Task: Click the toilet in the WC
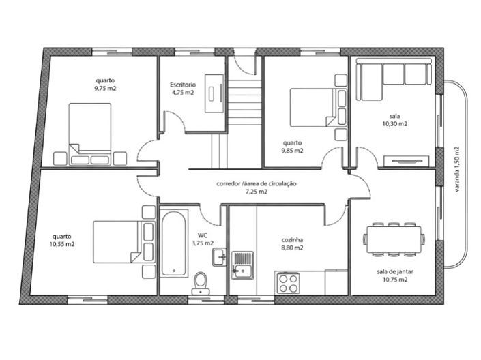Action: [x=201, y=283]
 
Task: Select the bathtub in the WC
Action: [x=173, y=243]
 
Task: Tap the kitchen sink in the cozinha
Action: [x=242, y=265]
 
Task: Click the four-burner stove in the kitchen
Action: [x=288, y=284]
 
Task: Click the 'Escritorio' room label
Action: [x=183, y=85]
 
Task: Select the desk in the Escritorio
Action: [x=214, y=93]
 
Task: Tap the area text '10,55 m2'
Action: [x=62, y=244]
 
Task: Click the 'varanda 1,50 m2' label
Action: [x=457, y=169]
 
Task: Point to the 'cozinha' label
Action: [x=292, y=240]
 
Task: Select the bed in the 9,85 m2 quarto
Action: [x=319, y=108]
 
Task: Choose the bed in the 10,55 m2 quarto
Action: [x=123, y=242]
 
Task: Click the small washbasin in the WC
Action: [x=219, y=256]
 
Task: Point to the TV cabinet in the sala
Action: [x=407, y=162]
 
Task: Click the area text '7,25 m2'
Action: [x=257, y=192]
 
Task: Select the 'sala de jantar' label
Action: [x=395, y=271]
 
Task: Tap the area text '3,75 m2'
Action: [x=203, y=243]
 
